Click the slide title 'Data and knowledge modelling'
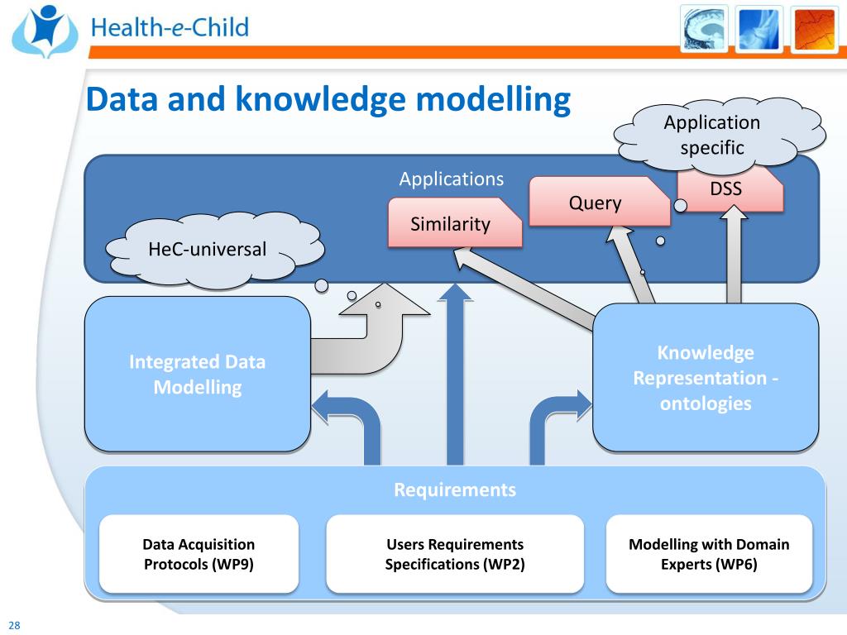[328, 100]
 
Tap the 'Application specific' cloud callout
[713, 135]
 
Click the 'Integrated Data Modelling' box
[198, 375]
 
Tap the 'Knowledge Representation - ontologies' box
[706, 378]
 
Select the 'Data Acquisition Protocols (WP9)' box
[199, 555]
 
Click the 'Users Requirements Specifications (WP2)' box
[455, 555]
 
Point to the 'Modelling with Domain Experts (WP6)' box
[709, 555]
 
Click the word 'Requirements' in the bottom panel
[455, 489]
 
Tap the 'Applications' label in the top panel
[451, 179]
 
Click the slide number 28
[14, 625]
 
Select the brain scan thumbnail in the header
[704, 28]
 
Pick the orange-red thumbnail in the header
[814, 28]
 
